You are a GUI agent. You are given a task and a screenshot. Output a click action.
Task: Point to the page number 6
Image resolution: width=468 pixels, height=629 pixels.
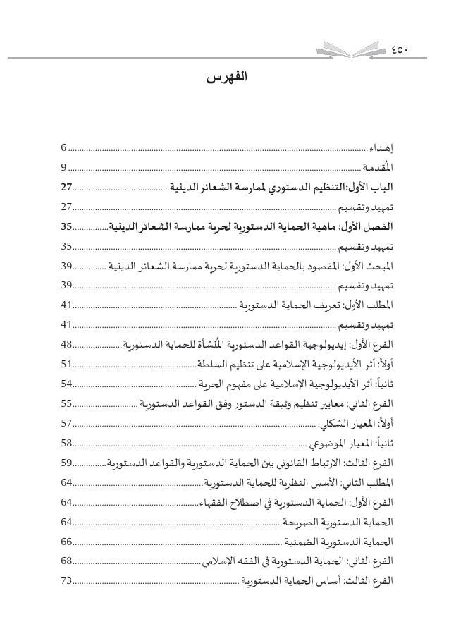pyautogui.click(x=63, y=148)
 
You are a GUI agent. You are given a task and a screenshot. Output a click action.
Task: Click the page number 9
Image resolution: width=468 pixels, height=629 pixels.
pyautogui.click(x=63, y=167)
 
